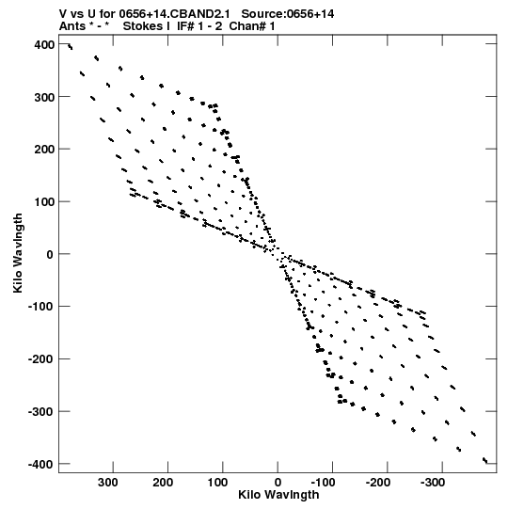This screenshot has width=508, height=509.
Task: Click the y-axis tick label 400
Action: coord(44,44)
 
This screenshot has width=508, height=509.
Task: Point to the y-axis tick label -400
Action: coord(41,464)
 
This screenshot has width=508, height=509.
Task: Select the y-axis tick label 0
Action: coord(50,254)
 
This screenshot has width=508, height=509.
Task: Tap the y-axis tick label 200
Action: coord(44,150)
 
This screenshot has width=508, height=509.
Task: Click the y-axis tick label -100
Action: coord(41,307)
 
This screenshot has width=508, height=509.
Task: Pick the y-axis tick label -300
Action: coord(41,411)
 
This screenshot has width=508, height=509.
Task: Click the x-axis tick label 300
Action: coord(108,483)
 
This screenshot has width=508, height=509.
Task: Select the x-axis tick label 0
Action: coord(278,483)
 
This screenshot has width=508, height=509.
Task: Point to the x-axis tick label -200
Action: coord(378,483)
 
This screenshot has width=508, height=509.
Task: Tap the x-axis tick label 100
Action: coord(217,483)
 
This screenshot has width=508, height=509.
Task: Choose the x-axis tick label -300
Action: coord(433,483)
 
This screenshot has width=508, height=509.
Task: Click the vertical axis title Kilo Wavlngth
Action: coord(18,253)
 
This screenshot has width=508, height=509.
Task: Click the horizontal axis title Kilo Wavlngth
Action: coord(278,495)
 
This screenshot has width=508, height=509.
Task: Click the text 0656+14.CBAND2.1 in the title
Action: coord(175,14)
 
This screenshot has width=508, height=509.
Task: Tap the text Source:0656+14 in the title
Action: coord(288,14)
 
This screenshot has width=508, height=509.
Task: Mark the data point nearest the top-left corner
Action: coord(71,47)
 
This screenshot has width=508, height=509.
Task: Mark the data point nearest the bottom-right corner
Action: coord(485,460)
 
